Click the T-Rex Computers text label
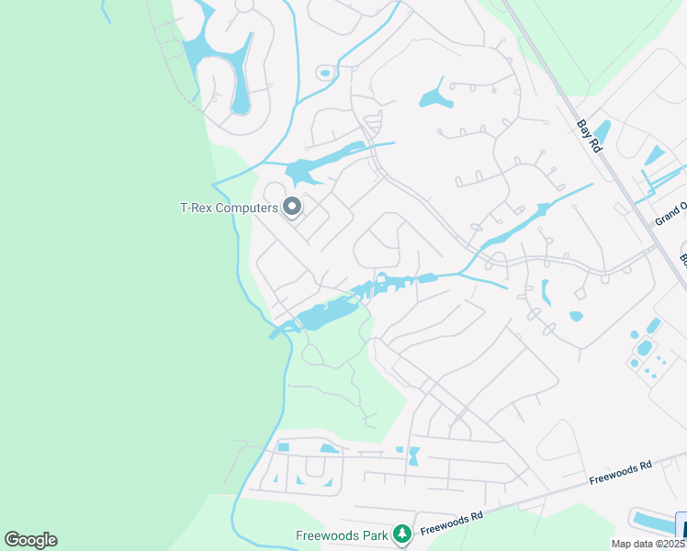pyautogui.click(x=228, y=208)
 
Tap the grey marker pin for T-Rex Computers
pyautogui.click(x=292, y=208)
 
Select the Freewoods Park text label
pyautogui.click(x=341, y=534)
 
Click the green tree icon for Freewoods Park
pyautogui.click(x=400, y=534)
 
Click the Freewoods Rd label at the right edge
pyautogui.click(x=620, y=471)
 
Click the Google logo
pyautogui.click(x=30, y=540)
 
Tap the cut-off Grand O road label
pyautogui.click(x=670, y=214)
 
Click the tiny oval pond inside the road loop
pyautogui.click(x=324, y=73)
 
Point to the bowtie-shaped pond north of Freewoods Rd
pyautogui.click(x=412, y=455)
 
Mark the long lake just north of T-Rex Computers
pyautogui.click(x=321, y=163)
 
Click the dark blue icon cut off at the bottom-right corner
pyautogui.click(x=681, y=527)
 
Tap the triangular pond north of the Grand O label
pyautogui.click(x=655, y=155)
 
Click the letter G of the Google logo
pyautogui.click(x=12, y=540)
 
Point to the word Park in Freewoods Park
pyautogui.click(x=373, y=534)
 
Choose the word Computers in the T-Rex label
pyautogui.click(x=245, y=208)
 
